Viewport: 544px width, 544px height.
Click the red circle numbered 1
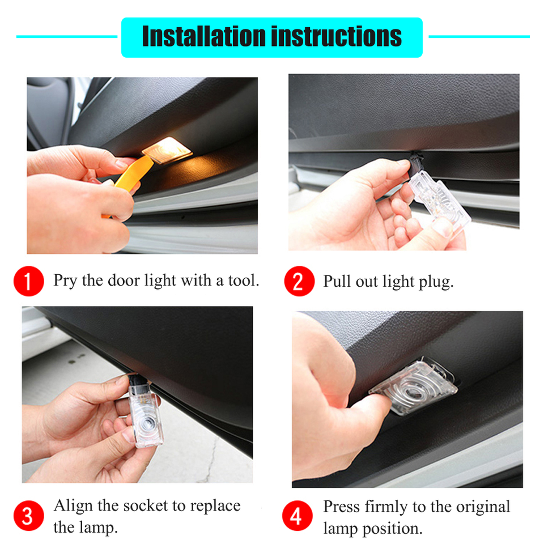point(29,281)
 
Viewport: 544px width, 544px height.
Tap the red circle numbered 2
point(299,281)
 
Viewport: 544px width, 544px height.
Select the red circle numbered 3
point(29,516)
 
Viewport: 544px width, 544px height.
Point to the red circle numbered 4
point(297,516)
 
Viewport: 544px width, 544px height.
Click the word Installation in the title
point(204,36)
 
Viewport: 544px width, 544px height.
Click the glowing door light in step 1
point(167,150)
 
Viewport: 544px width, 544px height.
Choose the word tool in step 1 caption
point(244,280)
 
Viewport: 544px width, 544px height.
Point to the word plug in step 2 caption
point(436,282)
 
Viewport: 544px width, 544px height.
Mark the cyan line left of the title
point(67,36)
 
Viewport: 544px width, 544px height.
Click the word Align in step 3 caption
point(74,507)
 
